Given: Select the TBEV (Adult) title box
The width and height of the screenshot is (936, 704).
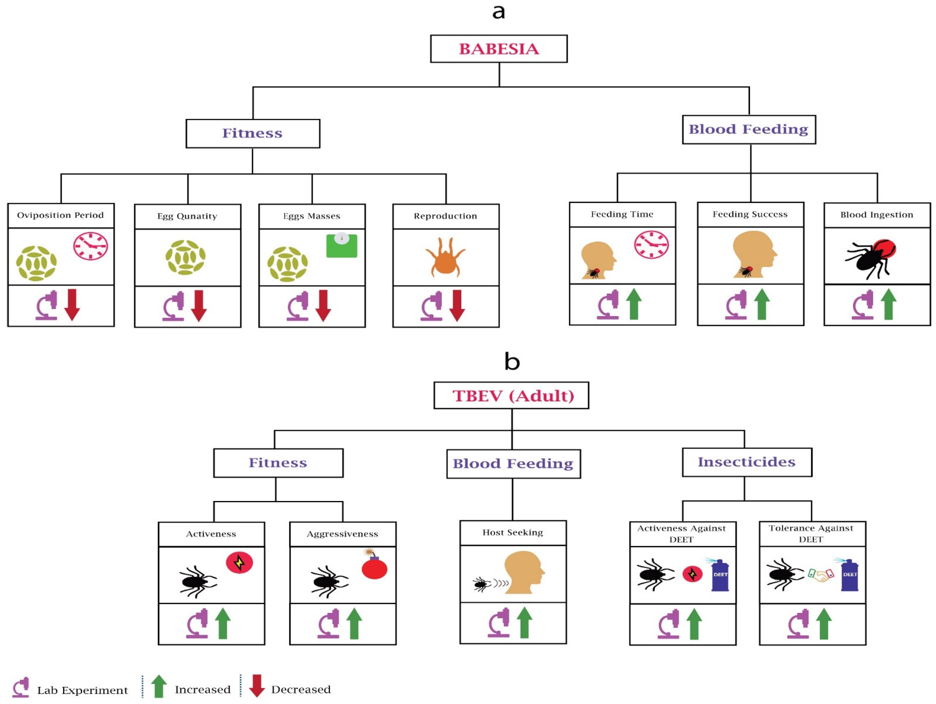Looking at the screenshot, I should (x=511, y=395).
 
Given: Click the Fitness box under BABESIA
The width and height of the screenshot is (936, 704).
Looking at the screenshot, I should (x=253, y=133).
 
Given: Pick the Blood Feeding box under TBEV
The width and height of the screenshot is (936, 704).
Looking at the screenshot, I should (x=513, y=463).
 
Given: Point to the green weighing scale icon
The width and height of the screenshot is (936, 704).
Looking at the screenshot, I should (x=342, y=246).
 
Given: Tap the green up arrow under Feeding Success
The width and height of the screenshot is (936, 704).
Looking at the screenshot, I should (x=761, y=304).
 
